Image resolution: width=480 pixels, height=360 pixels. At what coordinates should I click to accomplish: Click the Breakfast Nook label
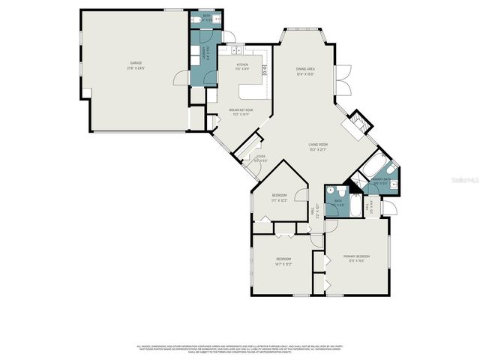click(x=241, y=112)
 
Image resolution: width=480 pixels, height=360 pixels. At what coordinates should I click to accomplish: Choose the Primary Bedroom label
click(x=357, y=258)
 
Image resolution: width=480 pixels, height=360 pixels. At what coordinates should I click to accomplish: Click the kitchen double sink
click(x=236, y=51)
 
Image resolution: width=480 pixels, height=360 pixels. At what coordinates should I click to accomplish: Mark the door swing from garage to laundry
click(x=180, y=77)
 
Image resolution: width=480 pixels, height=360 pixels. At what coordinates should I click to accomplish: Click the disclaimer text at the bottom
click(x=240, y=349)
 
